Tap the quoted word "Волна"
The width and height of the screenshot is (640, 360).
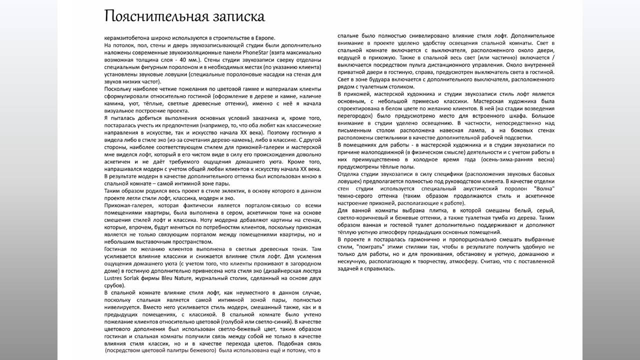[544, 188]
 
